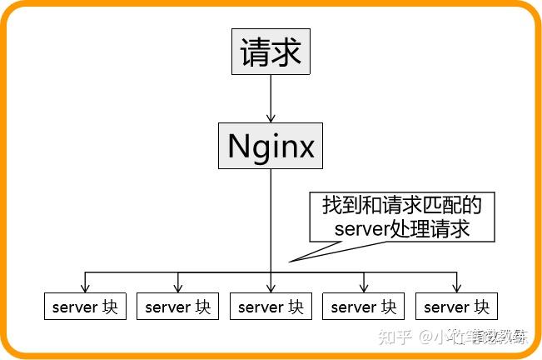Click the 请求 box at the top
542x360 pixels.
click(271, 53)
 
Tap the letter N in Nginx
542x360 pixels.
click(239, 147)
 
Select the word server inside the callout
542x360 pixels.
click(362, 228)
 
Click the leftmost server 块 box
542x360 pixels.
click(85, 307)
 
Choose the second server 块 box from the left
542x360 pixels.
click(177, 307)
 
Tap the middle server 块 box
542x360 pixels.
click(271, 307)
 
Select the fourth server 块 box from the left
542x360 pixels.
click(364, 307)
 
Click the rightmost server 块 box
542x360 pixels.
click(456, 307)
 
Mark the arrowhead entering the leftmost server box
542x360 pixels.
click(85, 287)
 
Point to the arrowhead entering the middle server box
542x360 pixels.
click(271, 287)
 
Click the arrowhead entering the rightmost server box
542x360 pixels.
click(456, 287)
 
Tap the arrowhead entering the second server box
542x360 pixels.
click(177, 287)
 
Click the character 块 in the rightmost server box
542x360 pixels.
click(481, 307)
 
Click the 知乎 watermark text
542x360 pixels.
click(395, 337)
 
